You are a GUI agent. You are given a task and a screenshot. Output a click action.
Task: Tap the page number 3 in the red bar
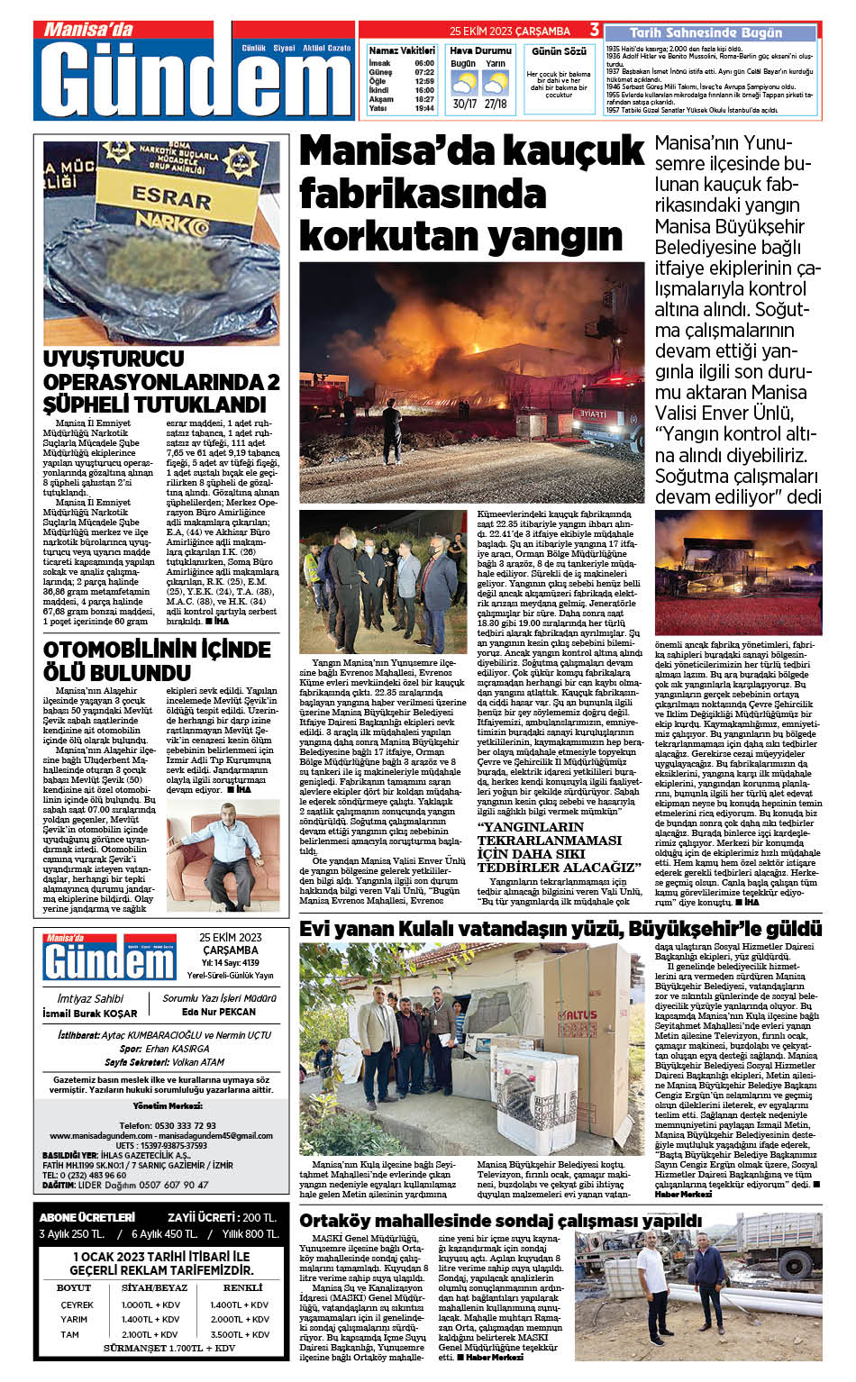594,30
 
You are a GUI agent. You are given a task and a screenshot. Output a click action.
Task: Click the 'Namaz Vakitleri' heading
402,50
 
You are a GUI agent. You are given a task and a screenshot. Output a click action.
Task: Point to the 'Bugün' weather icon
463,84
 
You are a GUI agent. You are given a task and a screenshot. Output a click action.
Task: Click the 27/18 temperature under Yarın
496,104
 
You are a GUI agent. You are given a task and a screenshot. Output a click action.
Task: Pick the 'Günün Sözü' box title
559,51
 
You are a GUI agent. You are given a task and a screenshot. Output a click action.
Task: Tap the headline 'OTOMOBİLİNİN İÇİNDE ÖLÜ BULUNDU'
157,660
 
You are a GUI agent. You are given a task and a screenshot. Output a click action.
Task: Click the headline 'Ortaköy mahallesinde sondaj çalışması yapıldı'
500,1221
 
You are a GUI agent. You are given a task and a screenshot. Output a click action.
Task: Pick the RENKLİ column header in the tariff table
242,1287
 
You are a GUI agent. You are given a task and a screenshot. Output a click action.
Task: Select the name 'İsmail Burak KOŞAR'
90,1014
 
